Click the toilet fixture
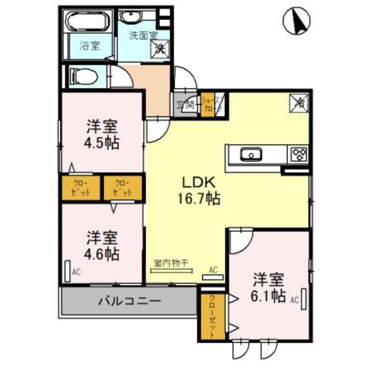coord(82,75)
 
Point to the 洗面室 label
coord(143,34)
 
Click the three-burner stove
coord(299,154)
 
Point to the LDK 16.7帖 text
coord(198,190)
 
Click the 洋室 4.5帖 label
coord(103,134)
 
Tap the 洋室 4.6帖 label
coord(103,245)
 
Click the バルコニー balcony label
coord(129,301)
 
